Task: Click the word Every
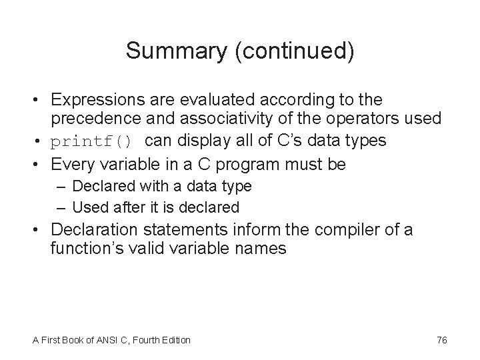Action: tap(73, 163)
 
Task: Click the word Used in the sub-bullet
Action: tap(85, 207)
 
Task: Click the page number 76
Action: tap(441, 340)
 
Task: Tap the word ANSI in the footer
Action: tap(105, 340)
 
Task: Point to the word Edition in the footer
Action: tap(175, 340)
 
